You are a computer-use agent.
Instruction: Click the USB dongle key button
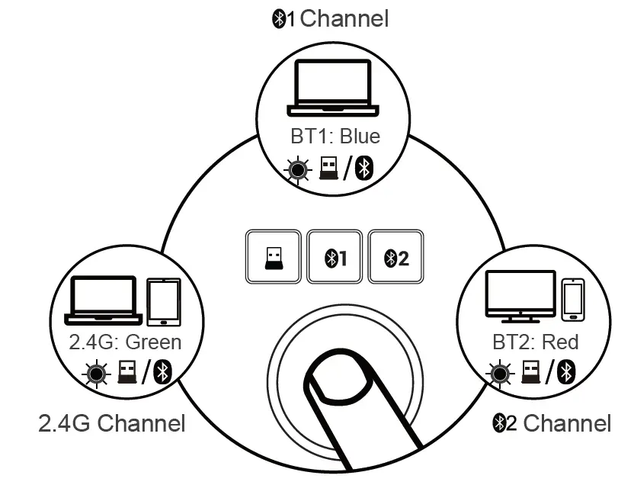[x=271, y=257]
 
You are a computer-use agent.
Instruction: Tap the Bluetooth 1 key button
[x=333, y=257]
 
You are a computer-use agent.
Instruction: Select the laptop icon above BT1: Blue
[x=328, y=88]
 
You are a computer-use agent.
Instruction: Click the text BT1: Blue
[x=335, y=137]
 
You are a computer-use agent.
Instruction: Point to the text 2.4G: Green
[x=126, y=342]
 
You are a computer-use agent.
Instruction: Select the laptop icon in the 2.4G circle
[x=104, y=300]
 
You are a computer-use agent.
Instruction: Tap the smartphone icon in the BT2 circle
[x=573, y=300]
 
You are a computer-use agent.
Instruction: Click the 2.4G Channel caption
[x=111, y=422]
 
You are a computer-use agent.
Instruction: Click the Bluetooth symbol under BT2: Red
[x=565, y=372]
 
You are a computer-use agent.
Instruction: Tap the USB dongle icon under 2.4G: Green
[x=127, y=372]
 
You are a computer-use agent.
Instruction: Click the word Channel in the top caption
[x=344, y=18]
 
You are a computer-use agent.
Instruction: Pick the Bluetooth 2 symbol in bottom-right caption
[x=504, y=422]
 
